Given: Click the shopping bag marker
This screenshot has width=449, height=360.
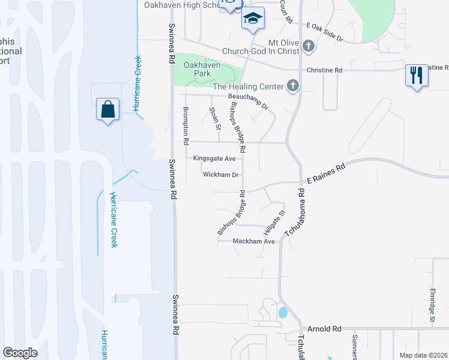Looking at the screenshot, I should point(107,110).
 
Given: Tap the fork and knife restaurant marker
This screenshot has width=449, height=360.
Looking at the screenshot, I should point(417,76).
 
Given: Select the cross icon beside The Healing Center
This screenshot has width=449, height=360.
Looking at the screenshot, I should point(292,86).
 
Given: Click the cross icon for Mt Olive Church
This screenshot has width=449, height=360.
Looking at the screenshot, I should point(308,46).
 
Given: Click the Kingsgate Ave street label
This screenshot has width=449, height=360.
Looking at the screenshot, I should point(214,158).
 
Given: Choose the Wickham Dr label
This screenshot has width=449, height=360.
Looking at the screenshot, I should point(221,175).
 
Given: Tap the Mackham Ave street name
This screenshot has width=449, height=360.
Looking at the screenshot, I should point(254,241).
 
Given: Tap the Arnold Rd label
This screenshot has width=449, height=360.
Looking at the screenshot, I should point(324,329).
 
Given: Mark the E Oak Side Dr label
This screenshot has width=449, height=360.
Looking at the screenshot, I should point(324,31).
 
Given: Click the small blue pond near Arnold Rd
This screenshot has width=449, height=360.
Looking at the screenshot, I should point(282,313).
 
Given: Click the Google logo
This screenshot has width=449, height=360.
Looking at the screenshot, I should point(20,353).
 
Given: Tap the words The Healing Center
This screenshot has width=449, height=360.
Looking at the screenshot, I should point(248,86).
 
